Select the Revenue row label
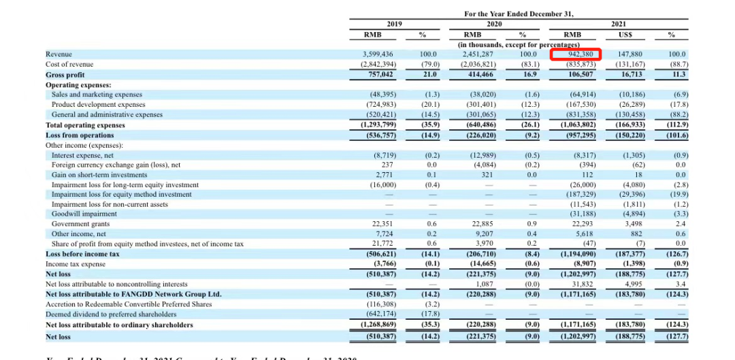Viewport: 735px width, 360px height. click(59, 54)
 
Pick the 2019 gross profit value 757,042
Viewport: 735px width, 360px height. click(380, 74)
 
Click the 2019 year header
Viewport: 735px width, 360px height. click(394, 24)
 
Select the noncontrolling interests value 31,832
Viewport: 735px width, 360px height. click(583, 284)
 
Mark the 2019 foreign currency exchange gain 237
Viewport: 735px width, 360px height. click(386, 165)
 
